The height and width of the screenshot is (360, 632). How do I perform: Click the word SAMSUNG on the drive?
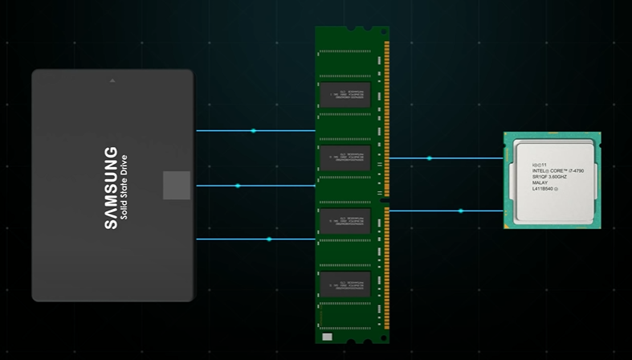(x=111, y=188)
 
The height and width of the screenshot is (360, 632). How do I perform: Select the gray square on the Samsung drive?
(x=177, y=185)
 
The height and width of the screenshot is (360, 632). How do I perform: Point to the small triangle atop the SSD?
(x=112, y=80)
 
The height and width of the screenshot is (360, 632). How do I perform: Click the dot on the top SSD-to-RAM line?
(x=254, y=130)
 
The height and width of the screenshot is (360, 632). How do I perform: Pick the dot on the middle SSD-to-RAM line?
(x=238, y=186)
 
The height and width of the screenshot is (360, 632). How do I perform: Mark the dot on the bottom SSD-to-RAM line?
(x=269, y=239)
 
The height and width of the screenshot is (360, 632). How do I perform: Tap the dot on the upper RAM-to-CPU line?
(x=430, y=158)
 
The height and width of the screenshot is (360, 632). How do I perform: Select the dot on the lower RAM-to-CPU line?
(x=461, y=211)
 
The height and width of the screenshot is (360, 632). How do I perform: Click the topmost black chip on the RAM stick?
(x=345, y=94)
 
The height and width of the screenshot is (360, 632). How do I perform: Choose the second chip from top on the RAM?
(x=345, y=157)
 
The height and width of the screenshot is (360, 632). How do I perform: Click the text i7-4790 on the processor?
(x=577, y=170)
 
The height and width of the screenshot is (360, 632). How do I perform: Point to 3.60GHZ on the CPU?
(x=557, y=177)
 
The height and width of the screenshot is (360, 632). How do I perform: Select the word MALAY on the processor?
(x=540, y=183)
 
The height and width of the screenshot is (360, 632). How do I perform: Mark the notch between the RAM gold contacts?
(x=387, y=201)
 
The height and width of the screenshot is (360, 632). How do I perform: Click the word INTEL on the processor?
(x=540, y=170)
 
